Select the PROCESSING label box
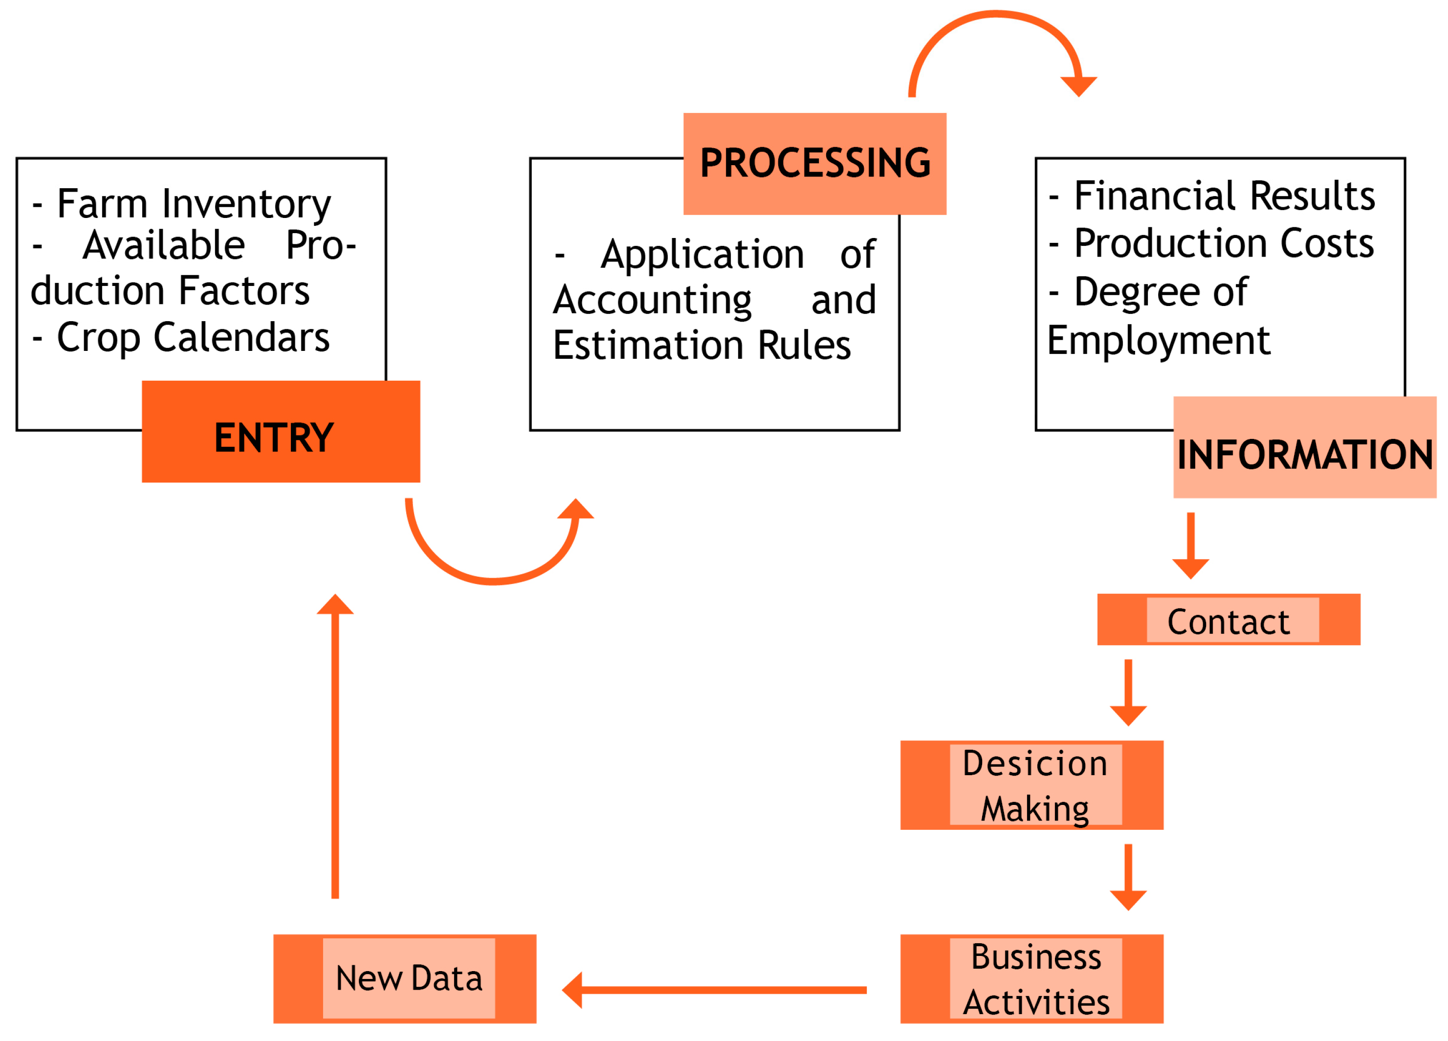pos(814,164)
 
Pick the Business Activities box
pos(1031,980)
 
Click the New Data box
pos(405,980)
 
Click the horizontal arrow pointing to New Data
pos(715,990)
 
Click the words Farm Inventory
pos(194,204)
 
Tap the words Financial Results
pos(1224,196)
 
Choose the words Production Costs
pos(1223,244)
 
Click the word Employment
pos(1158,341)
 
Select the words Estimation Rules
pos(702,346)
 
